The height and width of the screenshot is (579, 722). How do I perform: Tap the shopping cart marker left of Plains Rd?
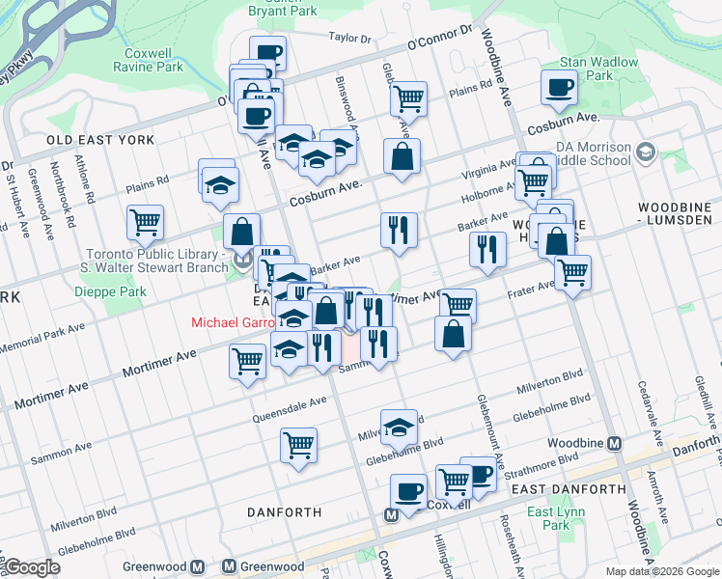(x=409, y=97)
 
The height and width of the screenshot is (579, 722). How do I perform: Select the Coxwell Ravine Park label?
(x=154, y=60)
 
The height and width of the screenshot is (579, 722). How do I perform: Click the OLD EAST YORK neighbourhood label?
(x=100, y=140)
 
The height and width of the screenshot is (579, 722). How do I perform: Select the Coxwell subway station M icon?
(x=392, y=514)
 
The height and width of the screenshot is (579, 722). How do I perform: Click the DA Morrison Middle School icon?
(x=645, y=152)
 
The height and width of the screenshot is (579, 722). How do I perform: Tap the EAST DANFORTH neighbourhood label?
(x=569, y=489)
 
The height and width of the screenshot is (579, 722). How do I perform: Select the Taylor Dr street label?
(x=349, y=39)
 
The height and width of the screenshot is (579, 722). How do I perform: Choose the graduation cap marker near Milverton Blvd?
(x=399, y=426)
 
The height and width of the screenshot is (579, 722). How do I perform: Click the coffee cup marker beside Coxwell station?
(x=408, y=491)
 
